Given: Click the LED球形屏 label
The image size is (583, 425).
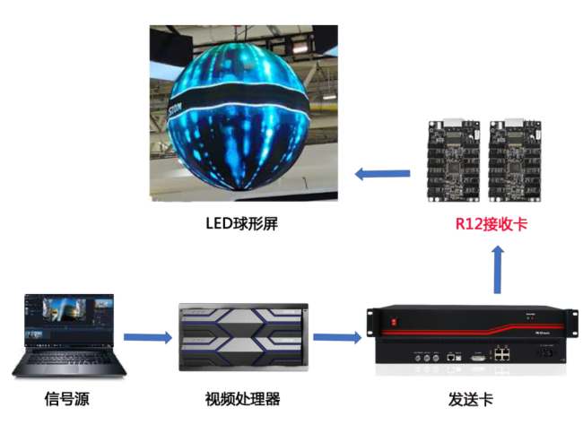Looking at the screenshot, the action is (241, 224).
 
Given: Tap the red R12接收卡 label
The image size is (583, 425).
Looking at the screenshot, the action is (492, 224).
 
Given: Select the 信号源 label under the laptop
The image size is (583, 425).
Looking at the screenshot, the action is (67, 399).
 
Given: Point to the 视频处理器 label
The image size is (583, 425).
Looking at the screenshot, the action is (242, 399).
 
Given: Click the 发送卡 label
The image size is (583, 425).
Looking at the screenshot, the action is (471, 400).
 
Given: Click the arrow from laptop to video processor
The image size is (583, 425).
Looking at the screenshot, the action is (148, 337).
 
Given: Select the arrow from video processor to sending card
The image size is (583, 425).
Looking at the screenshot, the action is (337, 337).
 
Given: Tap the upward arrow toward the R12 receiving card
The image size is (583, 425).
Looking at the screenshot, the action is (498, 270).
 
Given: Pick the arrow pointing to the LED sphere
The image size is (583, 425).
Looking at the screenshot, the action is (383, 174).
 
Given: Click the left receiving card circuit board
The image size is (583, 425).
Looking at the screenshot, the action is (454, 160).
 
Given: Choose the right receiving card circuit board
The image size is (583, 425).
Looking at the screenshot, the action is (515, 160).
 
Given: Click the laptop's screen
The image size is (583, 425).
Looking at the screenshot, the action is (69, 319).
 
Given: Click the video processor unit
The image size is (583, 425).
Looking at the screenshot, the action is (244, 337).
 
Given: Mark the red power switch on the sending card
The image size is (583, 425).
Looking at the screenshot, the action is (394, 322).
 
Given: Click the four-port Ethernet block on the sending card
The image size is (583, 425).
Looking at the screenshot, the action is (502, 354).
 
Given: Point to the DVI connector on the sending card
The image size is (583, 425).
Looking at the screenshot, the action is (478, 358).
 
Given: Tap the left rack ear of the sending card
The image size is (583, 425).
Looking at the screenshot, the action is (370, 323).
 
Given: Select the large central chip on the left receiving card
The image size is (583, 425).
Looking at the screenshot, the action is (452, 167).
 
